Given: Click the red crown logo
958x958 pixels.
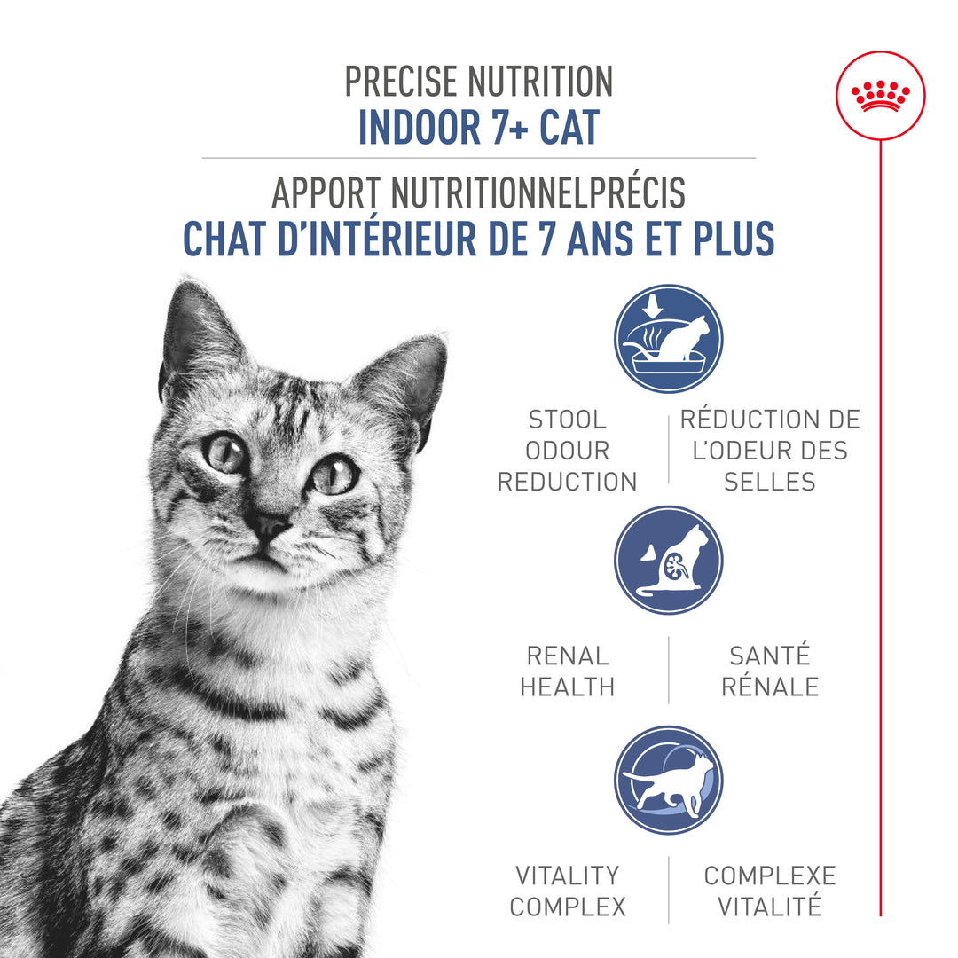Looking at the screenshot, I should pos(880,95).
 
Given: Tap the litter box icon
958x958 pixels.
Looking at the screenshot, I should pos(668,338).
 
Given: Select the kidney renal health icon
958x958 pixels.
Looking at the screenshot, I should pos(668,560).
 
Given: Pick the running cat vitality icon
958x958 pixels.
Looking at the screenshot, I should pos(668,781).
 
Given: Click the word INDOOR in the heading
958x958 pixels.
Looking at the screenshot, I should pos(411,127).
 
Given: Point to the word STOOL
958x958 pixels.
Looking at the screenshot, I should pos(567,420).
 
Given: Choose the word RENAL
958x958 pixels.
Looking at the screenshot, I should pos(567,656).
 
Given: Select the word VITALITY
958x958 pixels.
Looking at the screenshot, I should pos(567,876).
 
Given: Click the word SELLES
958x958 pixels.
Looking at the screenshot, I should pos(769,482).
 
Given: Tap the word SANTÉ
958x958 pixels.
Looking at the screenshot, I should pos(769,656).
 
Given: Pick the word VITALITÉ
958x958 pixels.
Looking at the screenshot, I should pos(769,907).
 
